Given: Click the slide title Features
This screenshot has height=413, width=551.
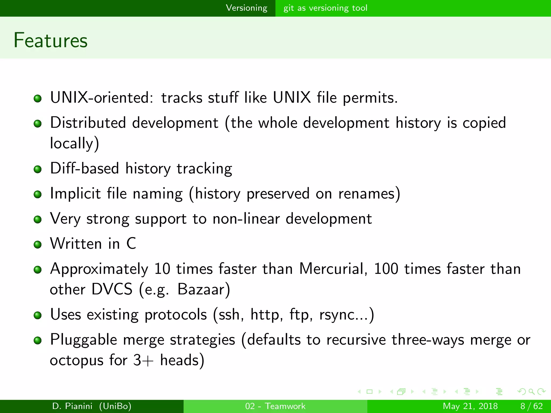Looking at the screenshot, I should point(51,40).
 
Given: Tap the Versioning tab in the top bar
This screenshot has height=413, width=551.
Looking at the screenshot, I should point(246,8).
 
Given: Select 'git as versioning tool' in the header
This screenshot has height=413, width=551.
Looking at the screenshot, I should point(325,8).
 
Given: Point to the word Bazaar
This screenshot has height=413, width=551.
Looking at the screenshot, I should point(204,289).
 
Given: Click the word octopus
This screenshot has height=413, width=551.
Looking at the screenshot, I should point(77,360).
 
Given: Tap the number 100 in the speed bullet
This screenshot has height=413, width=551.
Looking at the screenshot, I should point(386,269).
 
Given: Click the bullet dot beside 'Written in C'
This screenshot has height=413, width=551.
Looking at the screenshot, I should point(38,244).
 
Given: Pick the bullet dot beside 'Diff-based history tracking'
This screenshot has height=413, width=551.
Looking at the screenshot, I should point(38,169).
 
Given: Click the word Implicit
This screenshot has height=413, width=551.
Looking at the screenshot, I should point(75,194).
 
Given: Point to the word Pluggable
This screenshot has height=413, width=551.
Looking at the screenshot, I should point(83,340).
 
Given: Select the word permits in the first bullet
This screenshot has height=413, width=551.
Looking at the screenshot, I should point(370,97).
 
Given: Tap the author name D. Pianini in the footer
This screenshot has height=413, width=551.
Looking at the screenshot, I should point(72,406).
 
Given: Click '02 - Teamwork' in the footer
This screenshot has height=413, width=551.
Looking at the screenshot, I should point(275,406).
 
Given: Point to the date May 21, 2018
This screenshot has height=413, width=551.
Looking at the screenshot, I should point(470,406).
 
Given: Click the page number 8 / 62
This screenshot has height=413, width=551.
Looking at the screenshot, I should point(531,406).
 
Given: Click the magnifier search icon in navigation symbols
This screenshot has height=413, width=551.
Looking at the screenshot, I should point(531,391).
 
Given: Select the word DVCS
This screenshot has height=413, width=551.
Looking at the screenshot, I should point(112,289).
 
